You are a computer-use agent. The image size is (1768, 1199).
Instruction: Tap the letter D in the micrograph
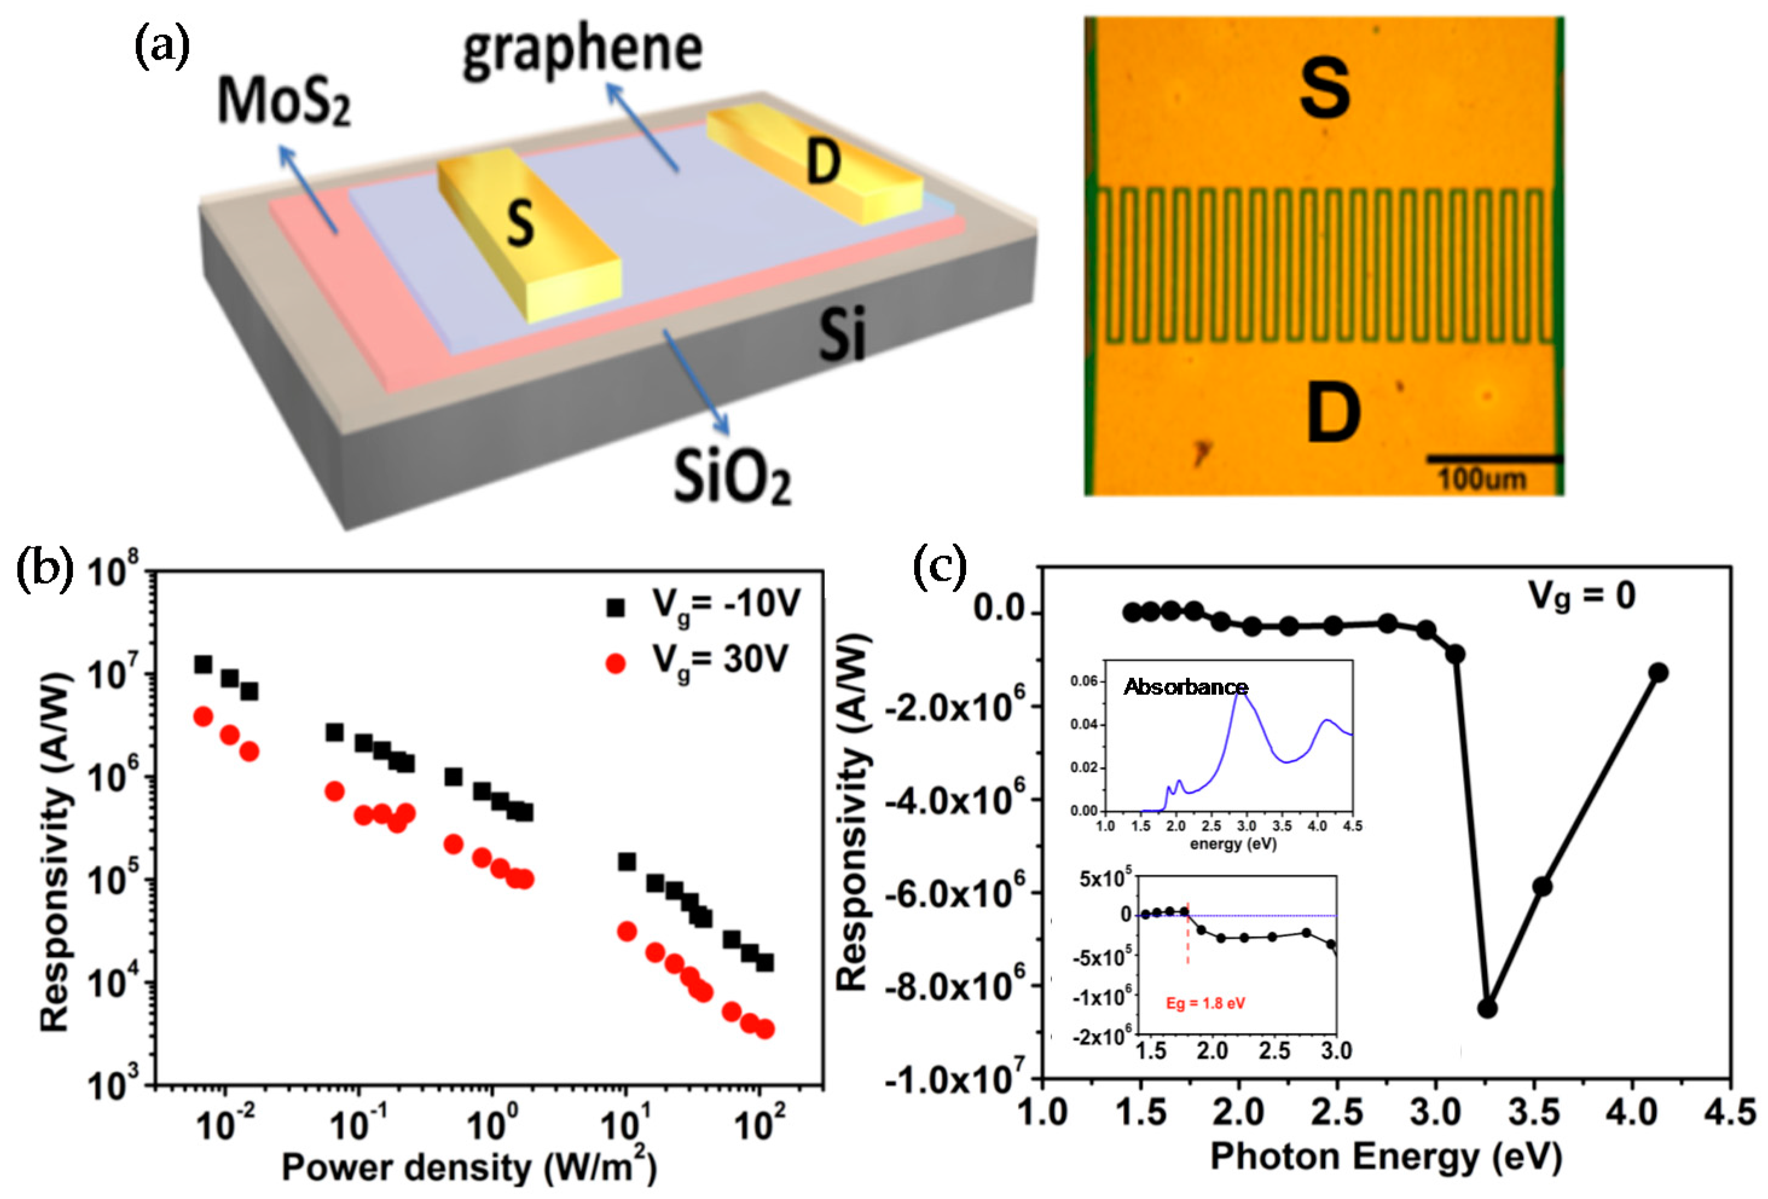tap(1332, 413)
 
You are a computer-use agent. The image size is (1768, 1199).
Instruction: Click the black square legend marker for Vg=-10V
tap(615, 606)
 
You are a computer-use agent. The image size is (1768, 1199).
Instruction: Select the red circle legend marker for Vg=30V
tap(615, 664)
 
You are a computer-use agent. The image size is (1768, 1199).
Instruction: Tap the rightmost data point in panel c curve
tap(1659, 673)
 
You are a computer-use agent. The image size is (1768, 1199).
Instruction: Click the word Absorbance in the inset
tap(1186, 687)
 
